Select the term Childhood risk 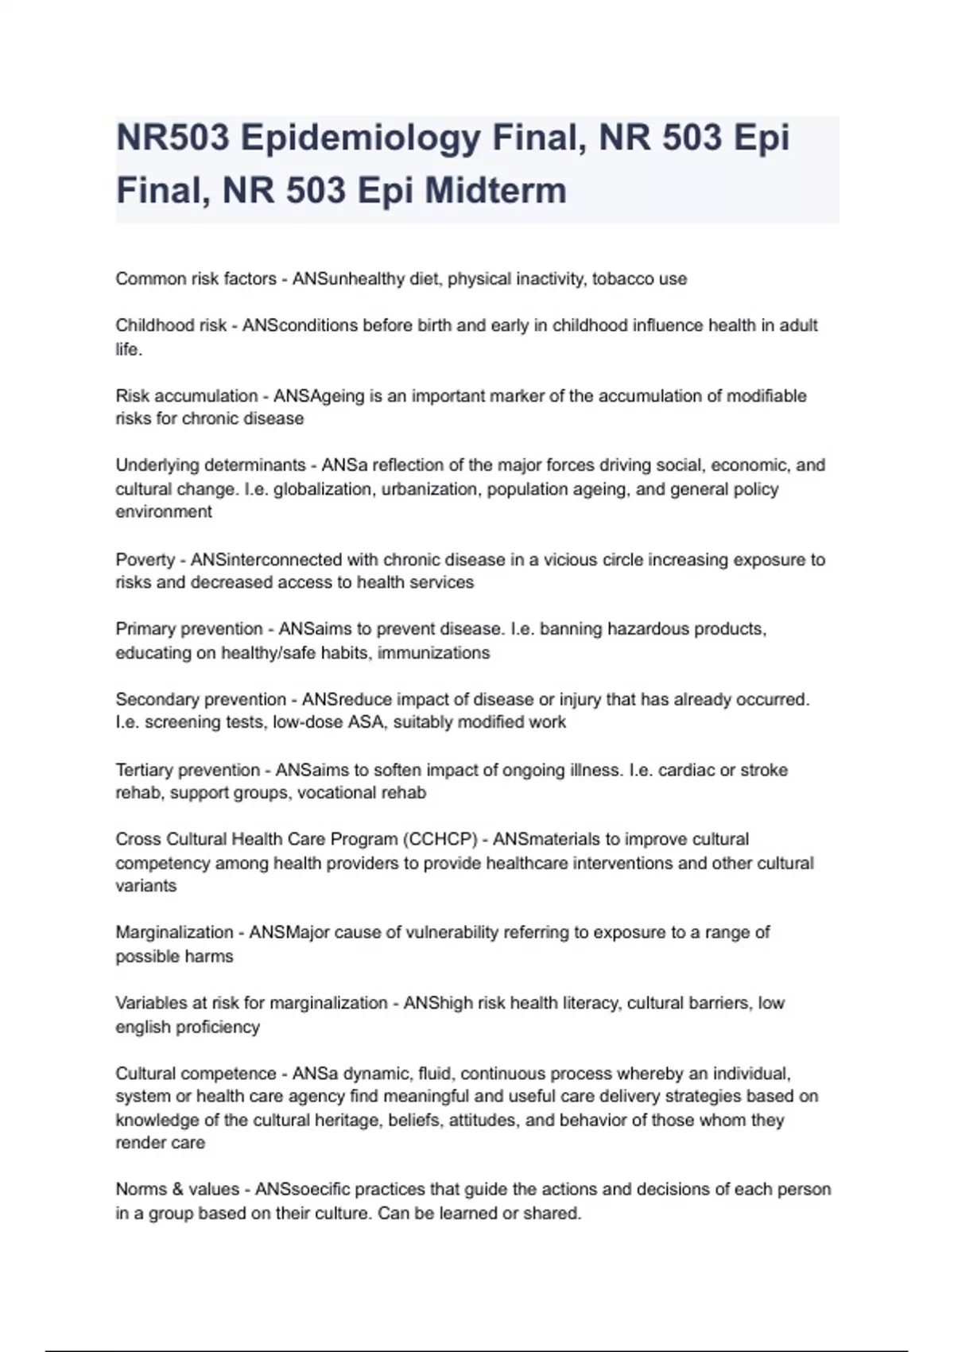[x=171, y=325]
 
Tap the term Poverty [x=145, y=560]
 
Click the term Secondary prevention [x=200, y=700]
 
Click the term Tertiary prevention [x=188, y=771]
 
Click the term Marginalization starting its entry [x=174, y=932]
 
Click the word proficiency [x=217, y=1027]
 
